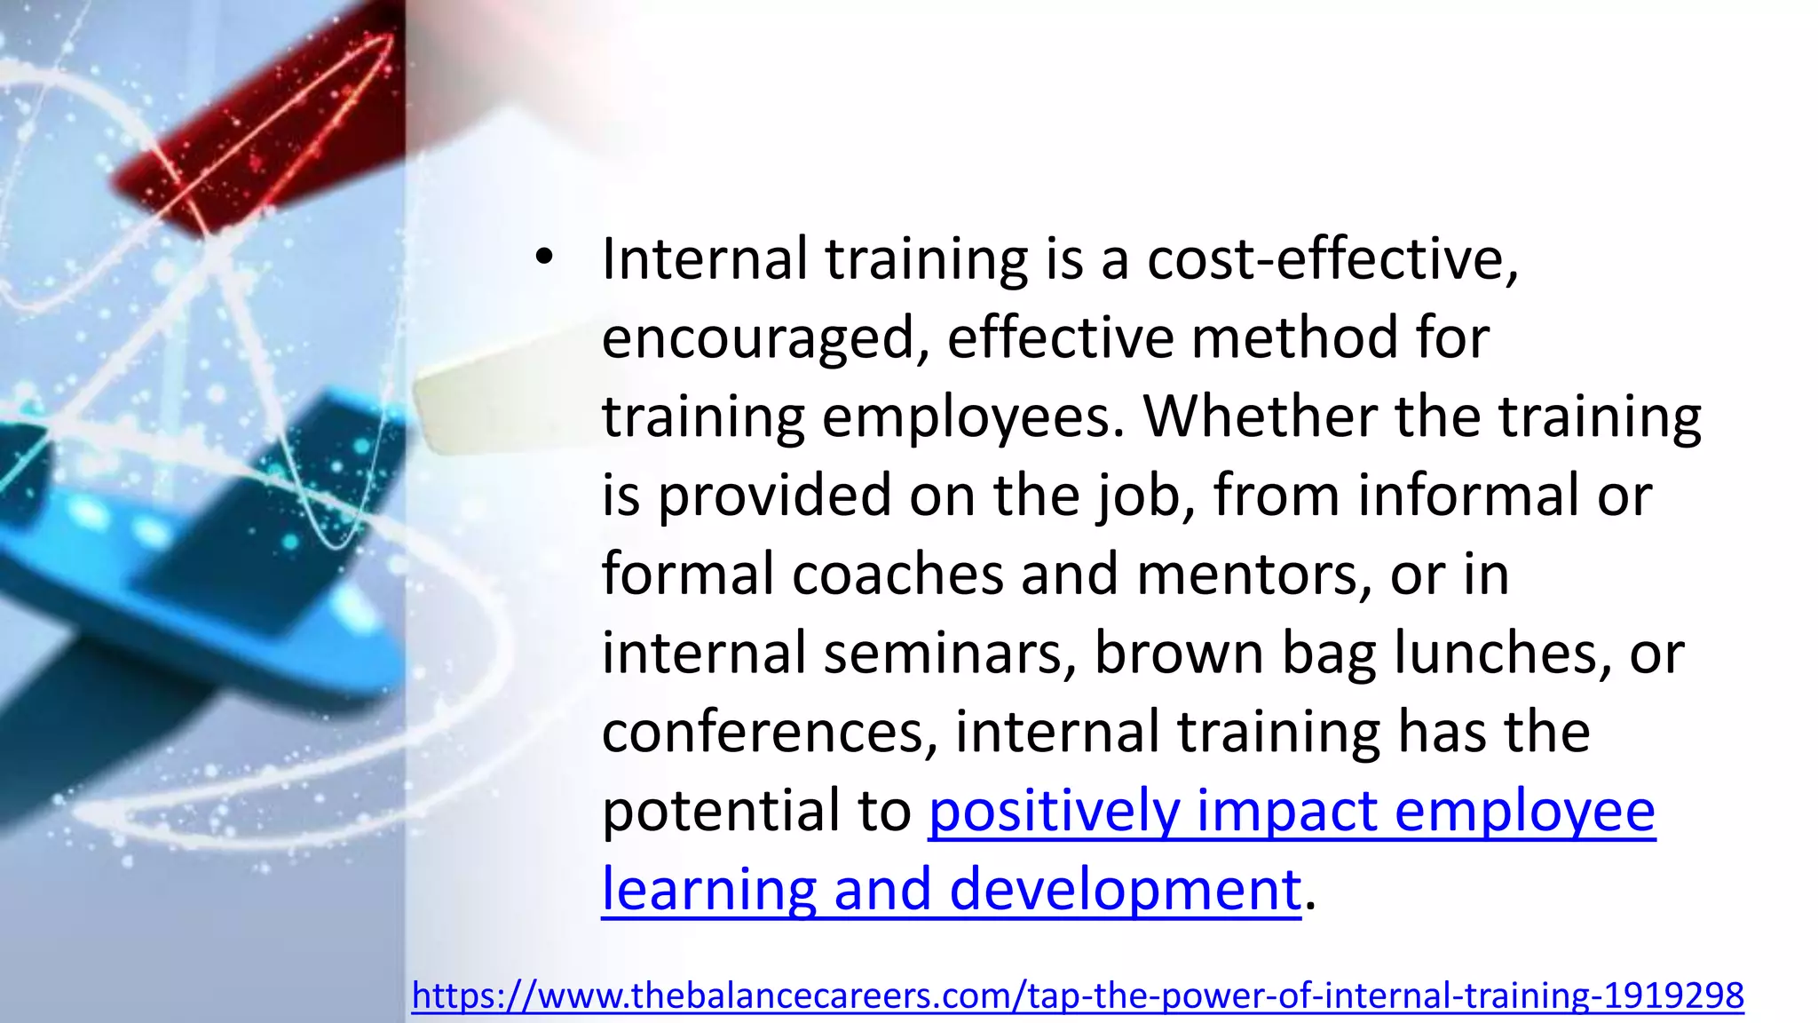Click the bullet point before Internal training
click(544, 258)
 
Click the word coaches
click(897, 575)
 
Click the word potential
click(720, 811)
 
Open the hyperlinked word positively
click(1054, 811)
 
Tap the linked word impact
click(1286, 811)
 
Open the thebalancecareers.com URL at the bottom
click(1077, 995)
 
